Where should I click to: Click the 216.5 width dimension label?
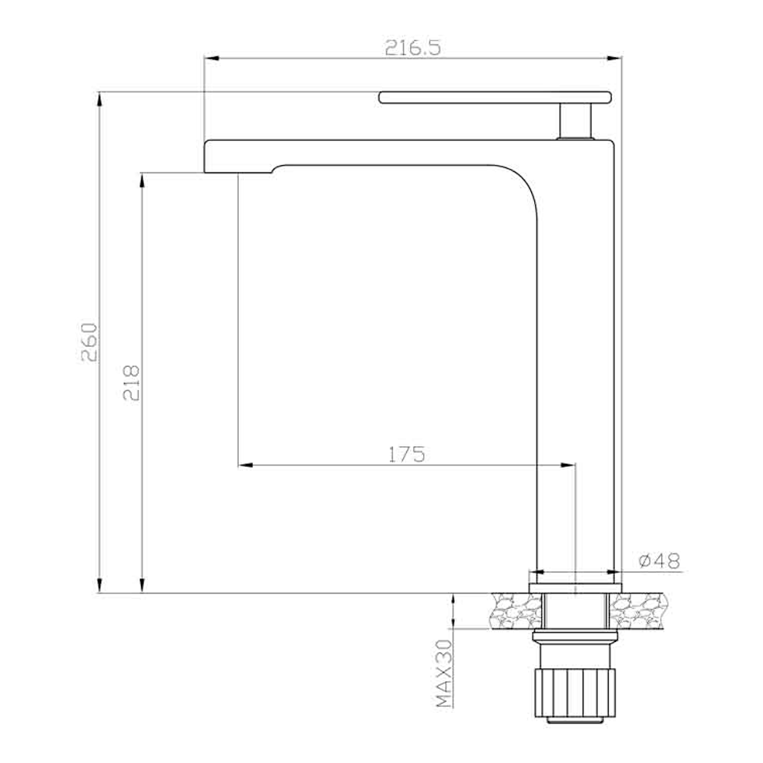click(412, 48)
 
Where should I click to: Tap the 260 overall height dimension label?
click(89, 342)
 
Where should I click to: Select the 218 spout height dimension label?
click(131, 382)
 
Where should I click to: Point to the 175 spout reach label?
click(406, 454)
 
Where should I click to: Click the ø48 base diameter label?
click(659, 560)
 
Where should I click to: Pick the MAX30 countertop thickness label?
click(444, 673)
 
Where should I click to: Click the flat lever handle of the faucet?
click(495, 97)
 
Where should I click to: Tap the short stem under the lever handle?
click(576, 121)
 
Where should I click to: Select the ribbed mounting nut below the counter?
click(575, 692)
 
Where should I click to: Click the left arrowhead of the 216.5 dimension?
click(211, 59)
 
